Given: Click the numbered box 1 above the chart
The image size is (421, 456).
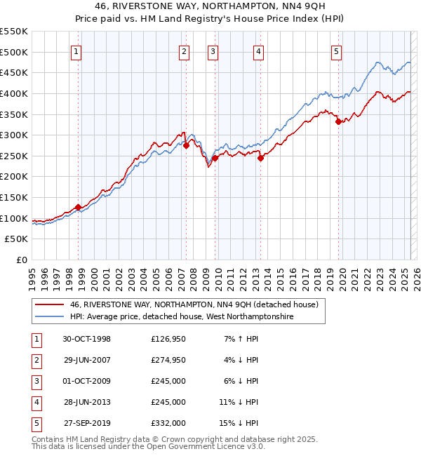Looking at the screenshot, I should click(x=76, y=51).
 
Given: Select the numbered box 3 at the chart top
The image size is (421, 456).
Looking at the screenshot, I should click(x=212, y=51).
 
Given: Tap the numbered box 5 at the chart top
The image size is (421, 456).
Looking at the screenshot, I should click(x=337, y=51).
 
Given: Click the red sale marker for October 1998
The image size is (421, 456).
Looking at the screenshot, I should click(x=79, y=207).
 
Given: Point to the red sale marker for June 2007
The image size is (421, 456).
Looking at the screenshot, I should click(x=186, y=145).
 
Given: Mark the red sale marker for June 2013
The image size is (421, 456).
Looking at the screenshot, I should click(x=260, y=158).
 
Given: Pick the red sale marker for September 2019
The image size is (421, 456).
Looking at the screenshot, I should click(x=338, y=121).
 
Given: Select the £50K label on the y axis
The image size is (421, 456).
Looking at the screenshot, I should click(x=18, y=239).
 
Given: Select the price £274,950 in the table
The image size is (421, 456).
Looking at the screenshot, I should click(x=168, y=360).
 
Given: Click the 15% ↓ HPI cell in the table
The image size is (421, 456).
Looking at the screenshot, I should click(x=240, y=423).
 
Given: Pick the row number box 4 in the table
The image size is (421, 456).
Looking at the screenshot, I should click(x=36, y=402).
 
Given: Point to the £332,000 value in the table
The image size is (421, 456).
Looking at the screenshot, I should click(x=168, y=423).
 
